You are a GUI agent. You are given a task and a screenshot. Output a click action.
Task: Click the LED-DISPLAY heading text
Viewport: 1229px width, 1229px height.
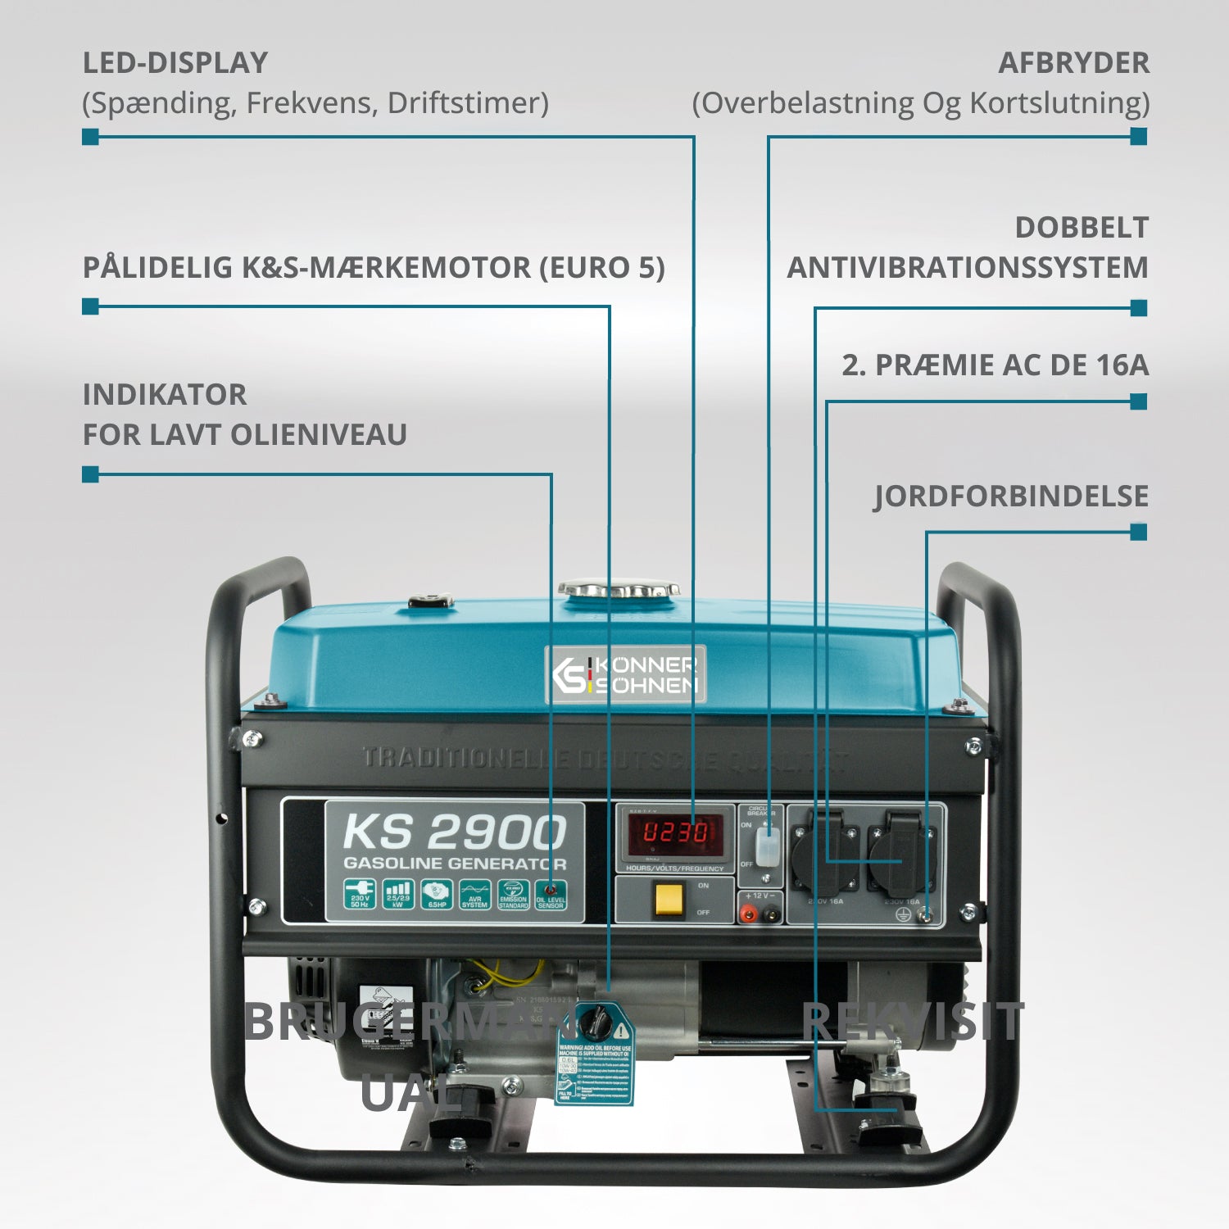pos(175,63)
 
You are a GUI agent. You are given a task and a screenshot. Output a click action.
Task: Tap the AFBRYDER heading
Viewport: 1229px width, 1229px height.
pos(1073,63)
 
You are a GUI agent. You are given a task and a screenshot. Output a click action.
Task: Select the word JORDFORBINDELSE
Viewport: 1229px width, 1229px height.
pos(1011,497)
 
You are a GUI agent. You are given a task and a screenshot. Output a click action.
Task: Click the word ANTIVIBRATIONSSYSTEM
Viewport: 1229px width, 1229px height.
pos(968,268)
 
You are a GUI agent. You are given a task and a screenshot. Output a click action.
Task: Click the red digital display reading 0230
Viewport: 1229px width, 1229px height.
pos(675,833)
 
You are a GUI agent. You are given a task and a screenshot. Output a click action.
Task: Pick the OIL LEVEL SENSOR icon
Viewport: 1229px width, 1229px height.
pos(551,895)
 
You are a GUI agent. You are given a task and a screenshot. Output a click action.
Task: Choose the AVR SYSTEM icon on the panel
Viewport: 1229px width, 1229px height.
pos(474,895)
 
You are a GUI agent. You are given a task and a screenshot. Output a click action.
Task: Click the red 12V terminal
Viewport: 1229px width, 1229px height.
pos(748,912)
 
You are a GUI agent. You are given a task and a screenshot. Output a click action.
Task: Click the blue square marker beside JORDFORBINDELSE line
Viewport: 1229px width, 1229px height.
pos(1138,533)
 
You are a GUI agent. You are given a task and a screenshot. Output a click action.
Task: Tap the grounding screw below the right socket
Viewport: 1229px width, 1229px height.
pos(925,914)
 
